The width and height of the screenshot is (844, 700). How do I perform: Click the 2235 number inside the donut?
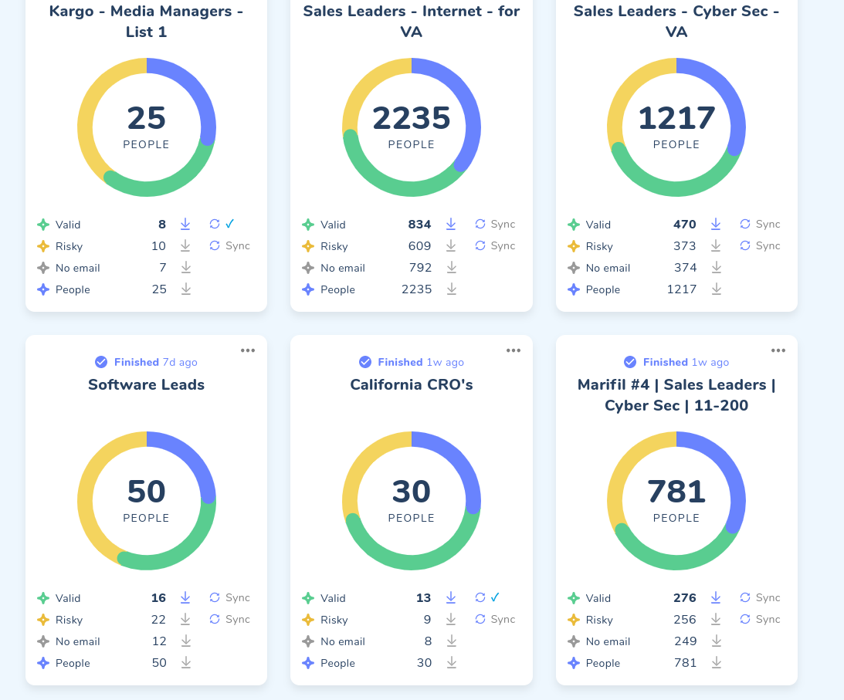[411, 118]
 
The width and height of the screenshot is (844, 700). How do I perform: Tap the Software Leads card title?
[146, 384]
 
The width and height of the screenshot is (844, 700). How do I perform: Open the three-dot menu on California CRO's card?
[514, 350]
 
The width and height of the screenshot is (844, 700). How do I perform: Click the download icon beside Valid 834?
[451, 224]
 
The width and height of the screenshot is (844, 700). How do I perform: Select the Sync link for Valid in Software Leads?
[230, 597]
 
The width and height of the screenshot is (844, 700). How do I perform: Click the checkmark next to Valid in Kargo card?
[230, 224]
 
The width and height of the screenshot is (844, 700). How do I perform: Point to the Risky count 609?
[420, 246]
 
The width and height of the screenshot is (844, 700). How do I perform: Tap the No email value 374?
[685, 268]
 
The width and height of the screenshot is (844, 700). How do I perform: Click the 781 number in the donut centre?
[676, 492]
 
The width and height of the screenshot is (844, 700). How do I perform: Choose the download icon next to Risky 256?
[717, 619]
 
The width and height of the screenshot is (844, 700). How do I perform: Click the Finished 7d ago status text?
[155, 362]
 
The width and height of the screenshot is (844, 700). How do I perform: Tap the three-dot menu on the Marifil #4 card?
[778, 350]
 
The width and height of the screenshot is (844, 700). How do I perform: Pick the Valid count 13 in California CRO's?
[423, 598]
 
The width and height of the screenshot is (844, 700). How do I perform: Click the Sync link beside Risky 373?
[761, 245]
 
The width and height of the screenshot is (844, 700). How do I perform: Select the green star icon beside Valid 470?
[573, 225]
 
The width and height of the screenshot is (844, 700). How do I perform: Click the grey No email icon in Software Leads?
[43, 641]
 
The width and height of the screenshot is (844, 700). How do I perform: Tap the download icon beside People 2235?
[452, 289]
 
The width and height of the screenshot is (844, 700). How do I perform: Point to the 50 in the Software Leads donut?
[146, 492]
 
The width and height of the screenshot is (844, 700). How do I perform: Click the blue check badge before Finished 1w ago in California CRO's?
[365, 362]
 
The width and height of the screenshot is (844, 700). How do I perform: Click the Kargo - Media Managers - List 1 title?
[146, 22]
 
